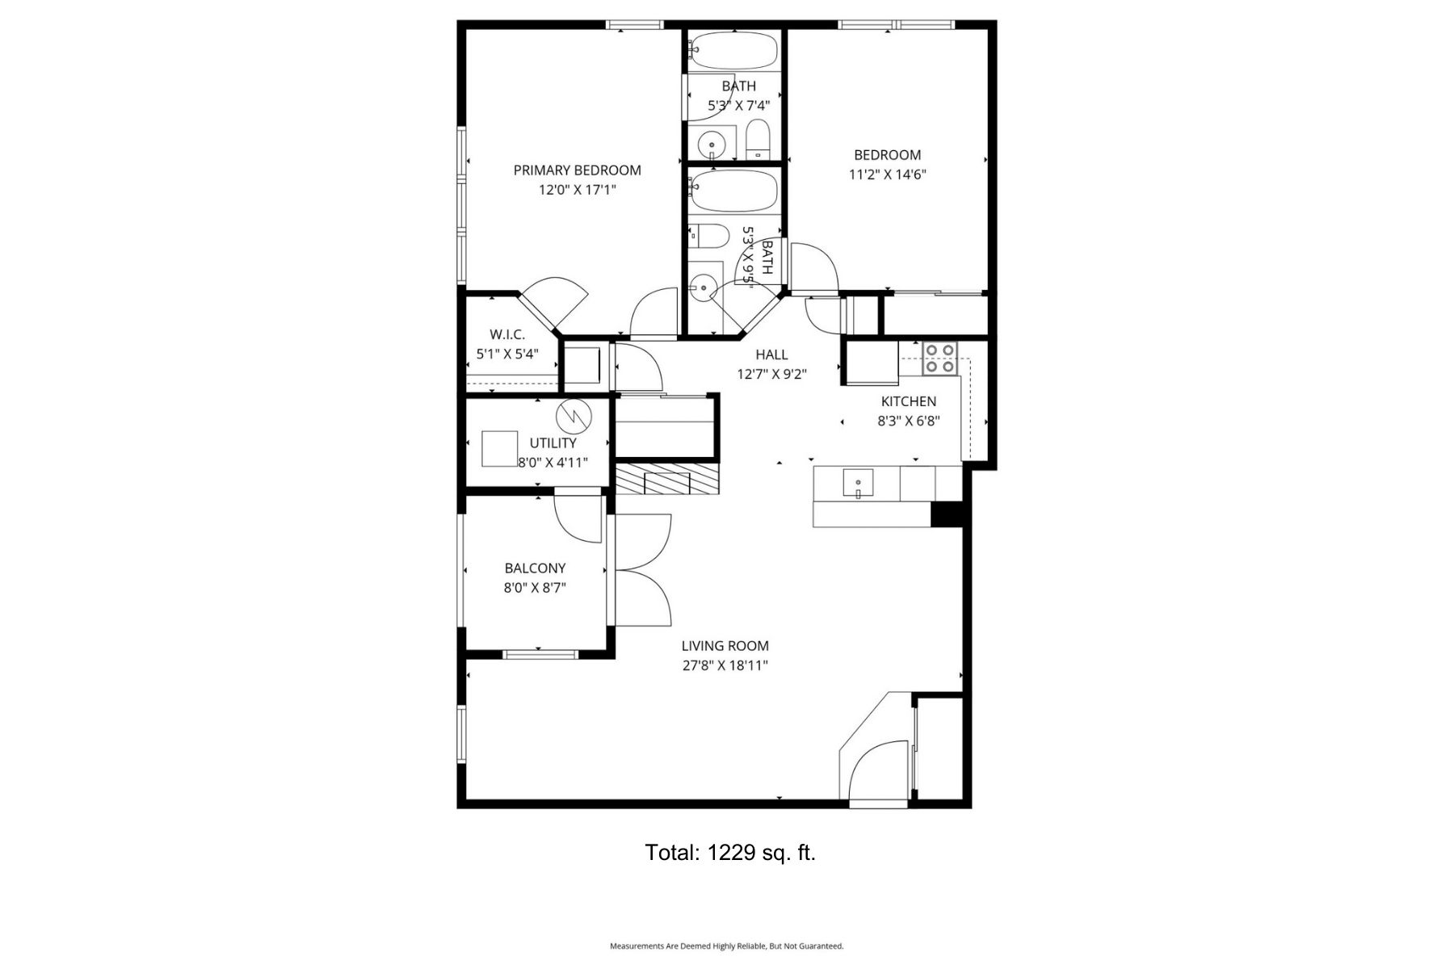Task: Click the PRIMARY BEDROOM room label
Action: (577, 170)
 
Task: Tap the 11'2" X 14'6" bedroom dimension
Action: (887, 174)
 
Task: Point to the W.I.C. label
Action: (507, 334)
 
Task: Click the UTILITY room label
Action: (553, 443)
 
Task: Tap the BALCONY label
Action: (535, 568)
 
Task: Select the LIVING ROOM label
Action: (725, 646)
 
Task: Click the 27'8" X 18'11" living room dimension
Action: (725, 666)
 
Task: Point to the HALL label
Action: (771, 354)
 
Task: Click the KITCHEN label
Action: (909, 401)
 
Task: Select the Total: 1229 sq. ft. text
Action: (730, 853)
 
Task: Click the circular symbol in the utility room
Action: (574, 417)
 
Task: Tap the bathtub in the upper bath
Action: (733, 51)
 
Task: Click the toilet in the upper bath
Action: (758, 141)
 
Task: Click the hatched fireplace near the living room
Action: (666, 480)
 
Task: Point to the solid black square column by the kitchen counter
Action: (948, 514)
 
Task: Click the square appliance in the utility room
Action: (499, 448)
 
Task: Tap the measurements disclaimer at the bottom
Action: (726, 946)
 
